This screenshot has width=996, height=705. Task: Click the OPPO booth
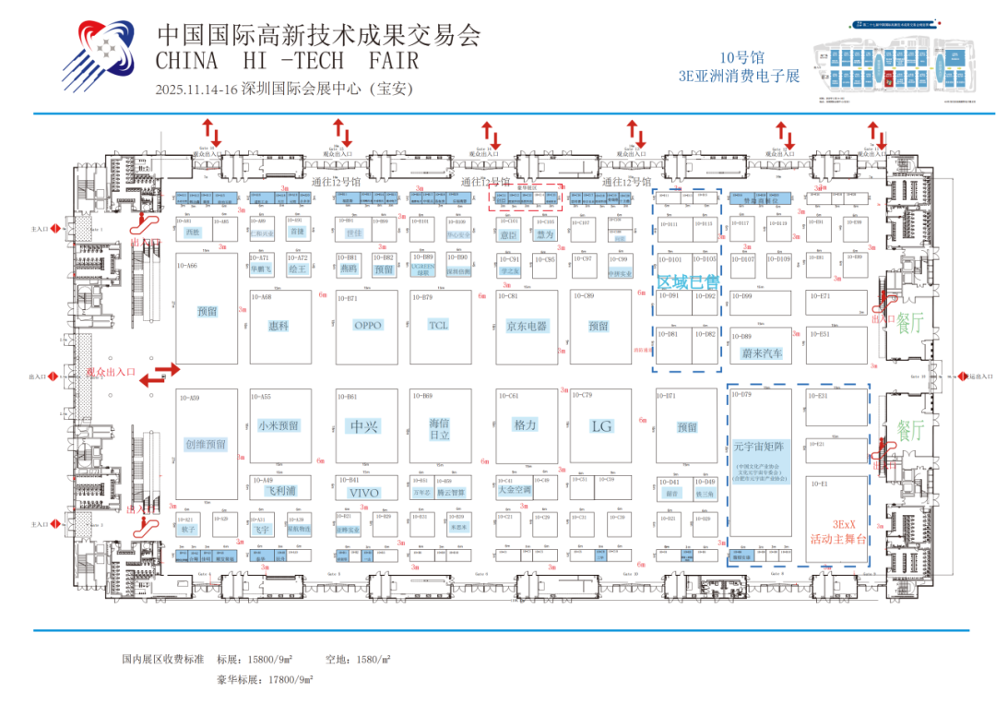pyautogui.click(x=367, y=325)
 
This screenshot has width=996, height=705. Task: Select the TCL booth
pyautogui.click(x=439, y=325)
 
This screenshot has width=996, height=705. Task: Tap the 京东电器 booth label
pyautogui.click(x=527, y=326)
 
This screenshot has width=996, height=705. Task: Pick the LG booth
pyautogui.click(x=601, y=426)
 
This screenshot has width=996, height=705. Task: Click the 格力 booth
pyautogui.click(x=526, y=424)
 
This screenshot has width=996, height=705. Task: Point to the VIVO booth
pyautogui.click(x=363, y=493)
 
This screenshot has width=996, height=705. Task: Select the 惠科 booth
pyautogui.click(x=278, y=326)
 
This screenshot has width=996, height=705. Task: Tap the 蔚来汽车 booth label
pyautogui.click(x=762, y=353)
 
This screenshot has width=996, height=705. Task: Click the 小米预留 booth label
pyautogui.click(x=278, y=425)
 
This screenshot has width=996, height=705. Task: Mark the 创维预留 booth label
pyautogui.click(x=206, y=444)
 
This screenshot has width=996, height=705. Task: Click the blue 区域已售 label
pyautogui.click(x=687, y=281)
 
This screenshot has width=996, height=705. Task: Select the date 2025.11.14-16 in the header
pyautogui.click(x=196, y=90)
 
